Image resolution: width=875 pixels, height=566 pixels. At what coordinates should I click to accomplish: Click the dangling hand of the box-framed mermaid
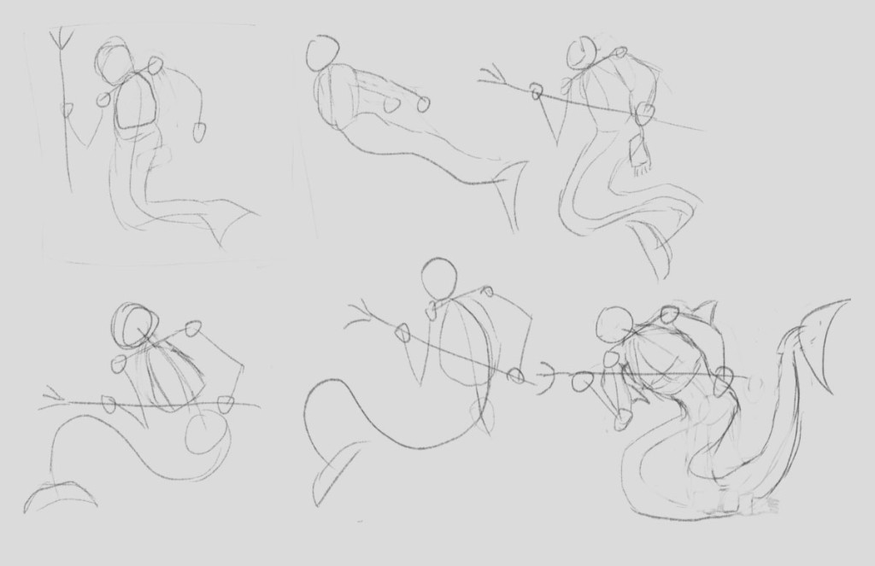[199, 131]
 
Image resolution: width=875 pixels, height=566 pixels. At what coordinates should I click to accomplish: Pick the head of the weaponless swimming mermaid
[323, 53]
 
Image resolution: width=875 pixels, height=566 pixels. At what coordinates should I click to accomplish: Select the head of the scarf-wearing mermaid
[581, 53]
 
